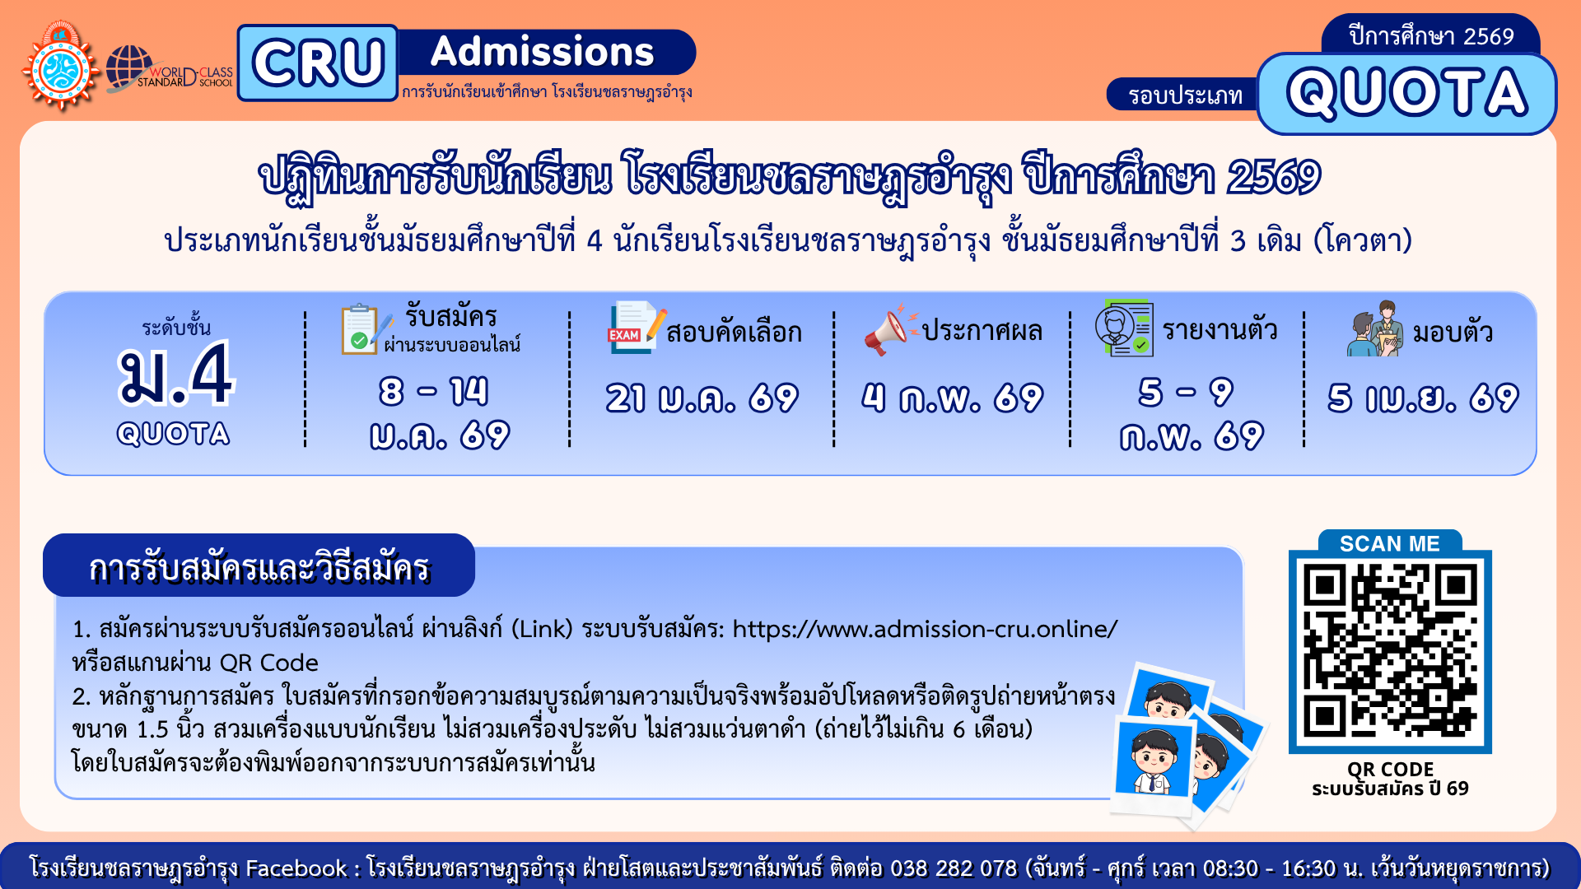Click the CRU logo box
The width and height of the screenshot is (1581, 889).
318,63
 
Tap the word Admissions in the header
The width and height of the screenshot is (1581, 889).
543,52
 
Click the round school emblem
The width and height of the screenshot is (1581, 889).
60,67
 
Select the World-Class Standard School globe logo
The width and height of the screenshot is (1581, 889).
169,68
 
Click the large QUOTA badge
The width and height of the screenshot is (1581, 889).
1406,93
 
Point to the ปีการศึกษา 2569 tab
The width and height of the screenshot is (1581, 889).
1431,35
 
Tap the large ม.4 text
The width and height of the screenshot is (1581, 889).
175,375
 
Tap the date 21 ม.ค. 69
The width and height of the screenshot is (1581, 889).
702,398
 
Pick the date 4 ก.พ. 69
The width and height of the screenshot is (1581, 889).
952,398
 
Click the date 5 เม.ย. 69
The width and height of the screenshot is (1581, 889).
1423,398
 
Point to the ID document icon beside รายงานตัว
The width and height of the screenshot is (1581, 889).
1124,328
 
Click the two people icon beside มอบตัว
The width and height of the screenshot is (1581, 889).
1375,328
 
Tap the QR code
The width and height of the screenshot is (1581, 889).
1390,651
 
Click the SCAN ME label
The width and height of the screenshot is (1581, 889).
1390,543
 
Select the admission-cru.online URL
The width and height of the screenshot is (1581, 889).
925,629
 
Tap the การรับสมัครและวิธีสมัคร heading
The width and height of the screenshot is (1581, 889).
259,566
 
